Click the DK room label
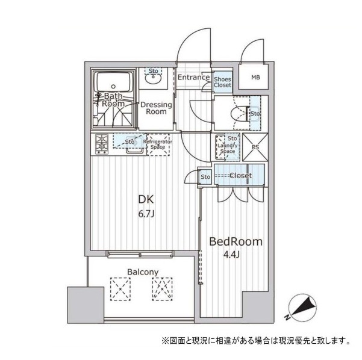pyautogui.click(x=146, y=199)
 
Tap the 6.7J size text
pyautogui.click(x=146, y=214)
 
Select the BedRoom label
pyautogui.click(x=236, y=241)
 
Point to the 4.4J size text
pyautogui.click(x=231, y=255)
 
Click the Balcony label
pyautogui.click(x=143, y=272)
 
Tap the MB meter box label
pyautogui.click(x=255, y=78)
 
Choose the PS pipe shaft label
pyautogui.click(x=255, y=147)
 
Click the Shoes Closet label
pyautogui.click(x=222, y=82)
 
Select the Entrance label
pyautogui.click(x=194, y=77)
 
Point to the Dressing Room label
pyautogui.click(x=156, y=108)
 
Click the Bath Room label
pyautogui.click(x=113, y=100)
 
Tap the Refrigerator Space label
pyautogui.click(x=158, y=144)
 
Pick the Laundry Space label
pyautogui.click(x=228, y=148)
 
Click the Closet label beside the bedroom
pyautogui.click(x=241, y=176)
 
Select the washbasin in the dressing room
pyautogui.click(x=154, y=79)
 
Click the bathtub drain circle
pyautogui.click(x=113, y=87)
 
